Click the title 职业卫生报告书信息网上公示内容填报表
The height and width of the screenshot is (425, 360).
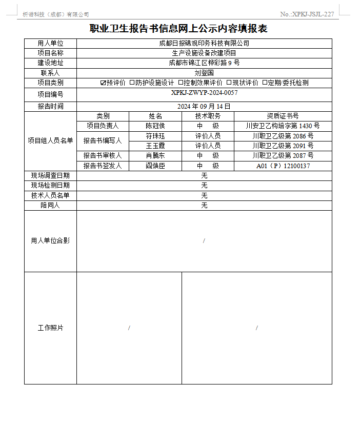[178, 29]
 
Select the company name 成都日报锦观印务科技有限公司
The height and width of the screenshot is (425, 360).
[204, 44]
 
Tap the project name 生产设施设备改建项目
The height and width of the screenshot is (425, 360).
[204, 53]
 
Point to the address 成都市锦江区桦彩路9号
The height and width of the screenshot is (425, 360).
[204, 63]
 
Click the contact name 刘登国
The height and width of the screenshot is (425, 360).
[204, 73]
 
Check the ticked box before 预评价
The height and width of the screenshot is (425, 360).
[103, 83]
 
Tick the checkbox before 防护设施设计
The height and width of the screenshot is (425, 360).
[132, 83]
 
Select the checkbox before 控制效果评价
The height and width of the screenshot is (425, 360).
[181, 83]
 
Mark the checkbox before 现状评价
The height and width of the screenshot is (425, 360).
[229, 83]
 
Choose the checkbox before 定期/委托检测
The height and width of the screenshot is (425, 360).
[265, 83]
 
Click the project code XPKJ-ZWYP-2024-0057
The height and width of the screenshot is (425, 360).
[204, 93]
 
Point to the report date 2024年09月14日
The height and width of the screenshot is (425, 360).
[204, 106]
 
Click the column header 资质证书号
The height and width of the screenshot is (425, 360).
[283, 116]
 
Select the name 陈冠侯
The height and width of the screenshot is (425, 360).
[155, 126]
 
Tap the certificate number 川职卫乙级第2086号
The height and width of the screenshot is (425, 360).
[283, 136]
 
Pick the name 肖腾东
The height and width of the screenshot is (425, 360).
[155, 155]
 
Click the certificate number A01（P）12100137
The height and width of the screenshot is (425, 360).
[283, 166]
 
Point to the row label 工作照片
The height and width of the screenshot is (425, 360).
[50, 328]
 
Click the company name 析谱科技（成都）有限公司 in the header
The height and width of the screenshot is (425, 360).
[56, 14]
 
